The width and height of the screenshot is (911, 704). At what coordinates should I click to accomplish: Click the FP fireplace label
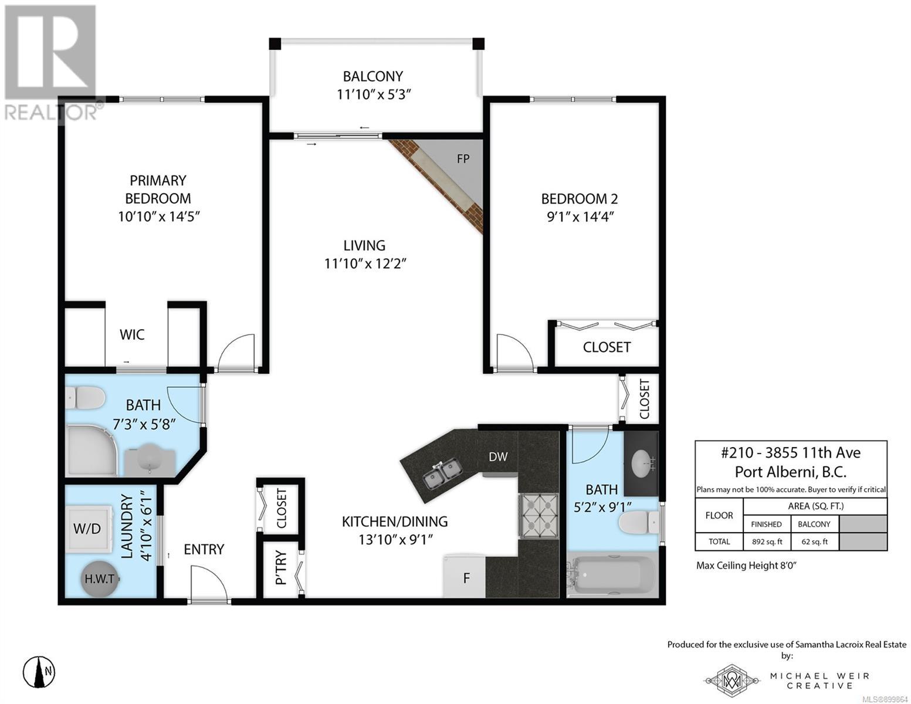click(x=463, y=158)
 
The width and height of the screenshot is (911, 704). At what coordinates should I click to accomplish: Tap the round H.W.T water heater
click(x=99, y=578)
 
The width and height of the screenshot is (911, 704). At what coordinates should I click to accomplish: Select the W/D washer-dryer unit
click(x=89, y=529)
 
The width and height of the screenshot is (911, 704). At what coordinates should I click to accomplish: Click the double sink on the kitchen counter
click(x=443, y=473)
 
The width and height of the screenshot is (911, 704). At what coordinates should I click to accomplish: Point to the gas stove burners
click(x=539, y=515)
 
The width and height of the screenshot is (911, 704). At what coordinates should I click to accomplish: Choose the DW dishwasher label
click(x=498, y=456)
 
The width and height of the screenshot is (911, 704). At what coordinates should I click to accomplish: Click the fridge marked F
click(x=464, y=576)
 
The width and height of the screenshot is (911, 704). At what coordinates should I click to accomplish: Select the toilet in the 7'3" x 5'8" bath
click(x=84, y=397)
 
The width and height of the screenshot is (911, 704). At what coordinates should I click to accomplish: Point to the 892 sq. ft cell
click(x=767, y=541)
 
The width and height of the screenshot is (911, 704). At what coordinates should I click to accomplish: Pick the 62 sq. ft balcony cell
click(x=815, y=541)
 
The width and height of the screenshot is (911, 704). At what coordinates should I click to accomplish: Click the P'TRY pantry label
click(x=280, y=568)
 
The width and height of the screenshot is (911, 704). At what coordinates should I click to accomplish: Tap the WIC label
click(x=132, y=334)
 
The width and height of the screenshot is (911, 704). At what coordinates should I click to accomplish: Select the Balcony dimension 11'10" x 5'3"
click(x=373, y=94)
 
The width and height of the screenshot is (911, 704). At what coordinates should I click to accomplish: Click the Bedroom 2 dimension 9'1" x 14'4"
click(x=580, y=216)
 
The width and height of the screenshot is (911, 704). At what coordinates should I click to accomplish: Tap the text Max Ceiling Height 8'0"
click(x=746, y=565)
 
